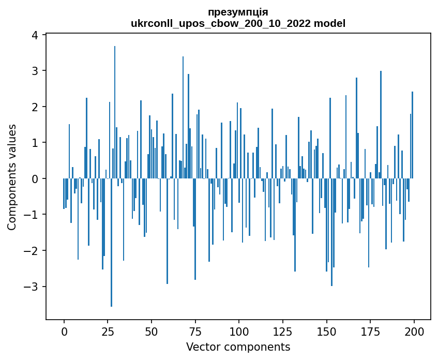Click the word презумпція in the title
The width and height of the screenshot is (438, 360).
coord(238,12)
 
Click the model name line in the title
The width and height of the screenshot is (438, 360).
coord(238,23)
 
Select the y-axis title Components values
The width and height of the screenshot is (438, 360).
coord(12,177)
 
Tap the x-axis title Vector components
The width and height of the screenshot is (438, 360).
coord(238,347)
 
